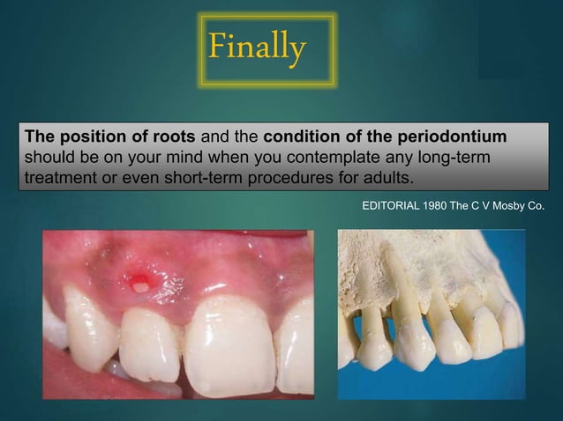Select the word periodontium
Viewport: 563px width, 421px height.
(460, 138)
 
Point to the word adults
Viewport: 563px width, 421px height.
(386, 179)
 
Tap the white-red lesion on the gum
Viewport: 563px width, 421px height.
(139, 283)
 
